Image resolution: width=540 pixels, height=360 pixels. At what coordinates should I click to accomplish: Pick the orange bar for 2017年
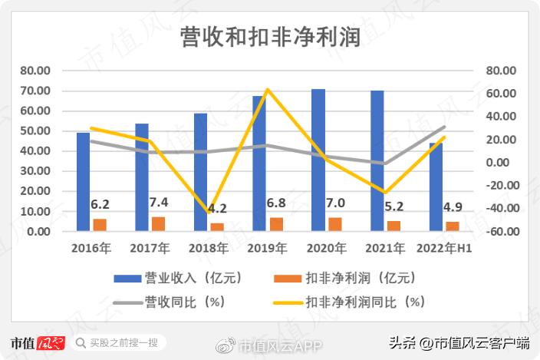(x=158, y=223)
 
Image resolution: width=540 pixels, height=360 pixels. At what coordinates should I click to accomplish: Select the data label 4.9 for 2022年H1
(x=453, y=207)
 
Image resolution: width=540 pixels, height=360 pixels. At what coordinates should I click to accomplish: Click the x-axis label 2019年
(x=267, y=248)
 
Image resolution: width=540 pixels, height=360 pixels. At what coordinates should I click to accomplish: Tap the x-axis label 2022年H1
(x=444, y=248)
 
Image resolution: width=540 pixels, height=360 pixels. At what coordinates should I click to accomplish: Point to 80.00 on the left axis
(x=36, y=71)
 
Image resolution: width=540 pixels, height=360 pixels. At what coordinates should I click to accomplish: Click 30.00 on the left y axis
(x=36, y=171)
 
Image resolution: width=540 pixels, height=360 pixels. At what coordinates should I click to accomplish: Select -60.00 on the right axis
(x=502, y=231)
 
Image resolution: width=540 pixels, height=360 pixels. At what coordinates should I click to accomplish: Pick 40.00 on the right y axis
(x=503, y=117)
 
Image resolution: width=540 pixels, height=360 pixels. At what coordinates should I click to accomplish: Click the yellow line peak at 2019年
(x=267, y=90)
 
